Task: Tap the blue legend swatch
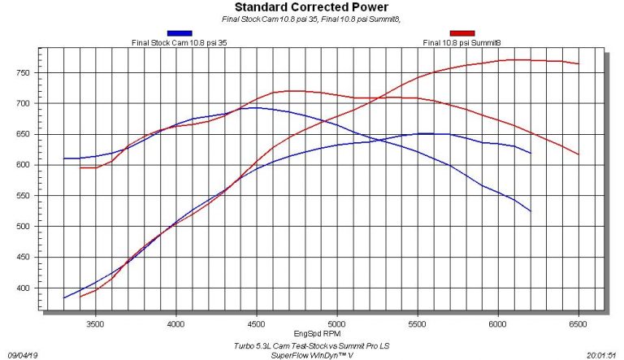click(x=179, y=33)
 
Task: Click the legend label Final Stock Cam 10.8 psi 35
click(x=179, y=42)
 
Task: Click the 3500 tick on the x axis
click(x=96, y=322)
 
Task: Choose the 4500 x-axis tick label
click(x=257, y=322)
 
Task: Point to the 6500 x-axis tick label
click(x=578, y=322)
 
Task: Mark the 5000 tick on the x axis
click(x=337, y=322)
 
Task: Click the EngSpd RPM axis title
click(x=323, y=333)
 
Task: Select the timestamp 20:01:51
click(x=602, y=354)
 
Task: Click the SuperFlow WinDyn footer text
click(x=323, y=354)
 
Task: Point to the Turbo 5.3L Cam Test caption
click(x=323, y=345)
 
